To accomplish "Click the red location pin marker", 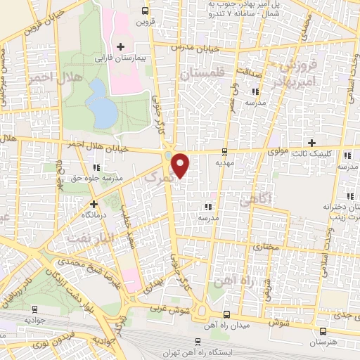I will click(x=181, y=165).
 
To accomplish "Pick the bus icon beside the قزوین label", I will click(x=146, y=11).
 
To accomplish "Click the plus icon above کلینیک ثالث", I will click(x=311, y=142).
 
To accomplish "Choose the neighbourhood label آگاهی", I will click(x=255, y=202).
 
